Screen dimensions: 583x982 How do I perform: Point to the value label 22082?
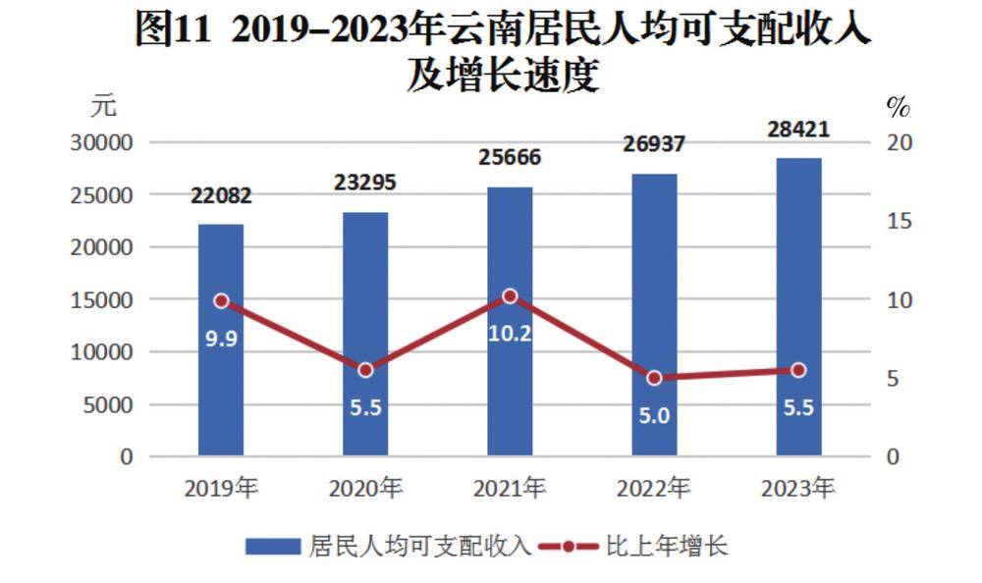(221, 195)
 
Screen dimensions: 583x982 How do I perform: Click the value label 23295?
(365, 183)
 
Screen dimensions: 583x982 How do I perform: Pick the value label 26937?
(654, 145)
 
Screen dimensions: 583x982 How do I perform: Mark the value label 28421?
(798, 130)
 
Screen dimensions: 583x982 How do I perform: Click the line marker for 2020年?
(365, 370)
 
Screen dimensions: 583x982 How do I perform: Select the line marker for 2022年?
(654, 378)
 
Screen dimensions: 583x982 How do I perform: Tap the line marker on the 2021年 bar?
(510, 295)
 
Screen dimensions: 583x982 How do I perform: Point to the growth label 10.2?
(510, 334)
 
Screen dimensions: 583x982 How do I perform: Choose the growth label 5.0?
(654, 415)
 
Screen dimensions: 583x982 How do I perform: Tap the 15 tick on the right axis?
(900, 222)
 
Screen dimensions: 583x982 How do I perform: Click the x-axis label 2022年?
(654, 488)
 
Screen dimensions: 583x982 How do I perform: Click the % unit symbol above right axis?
(898, 104)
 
